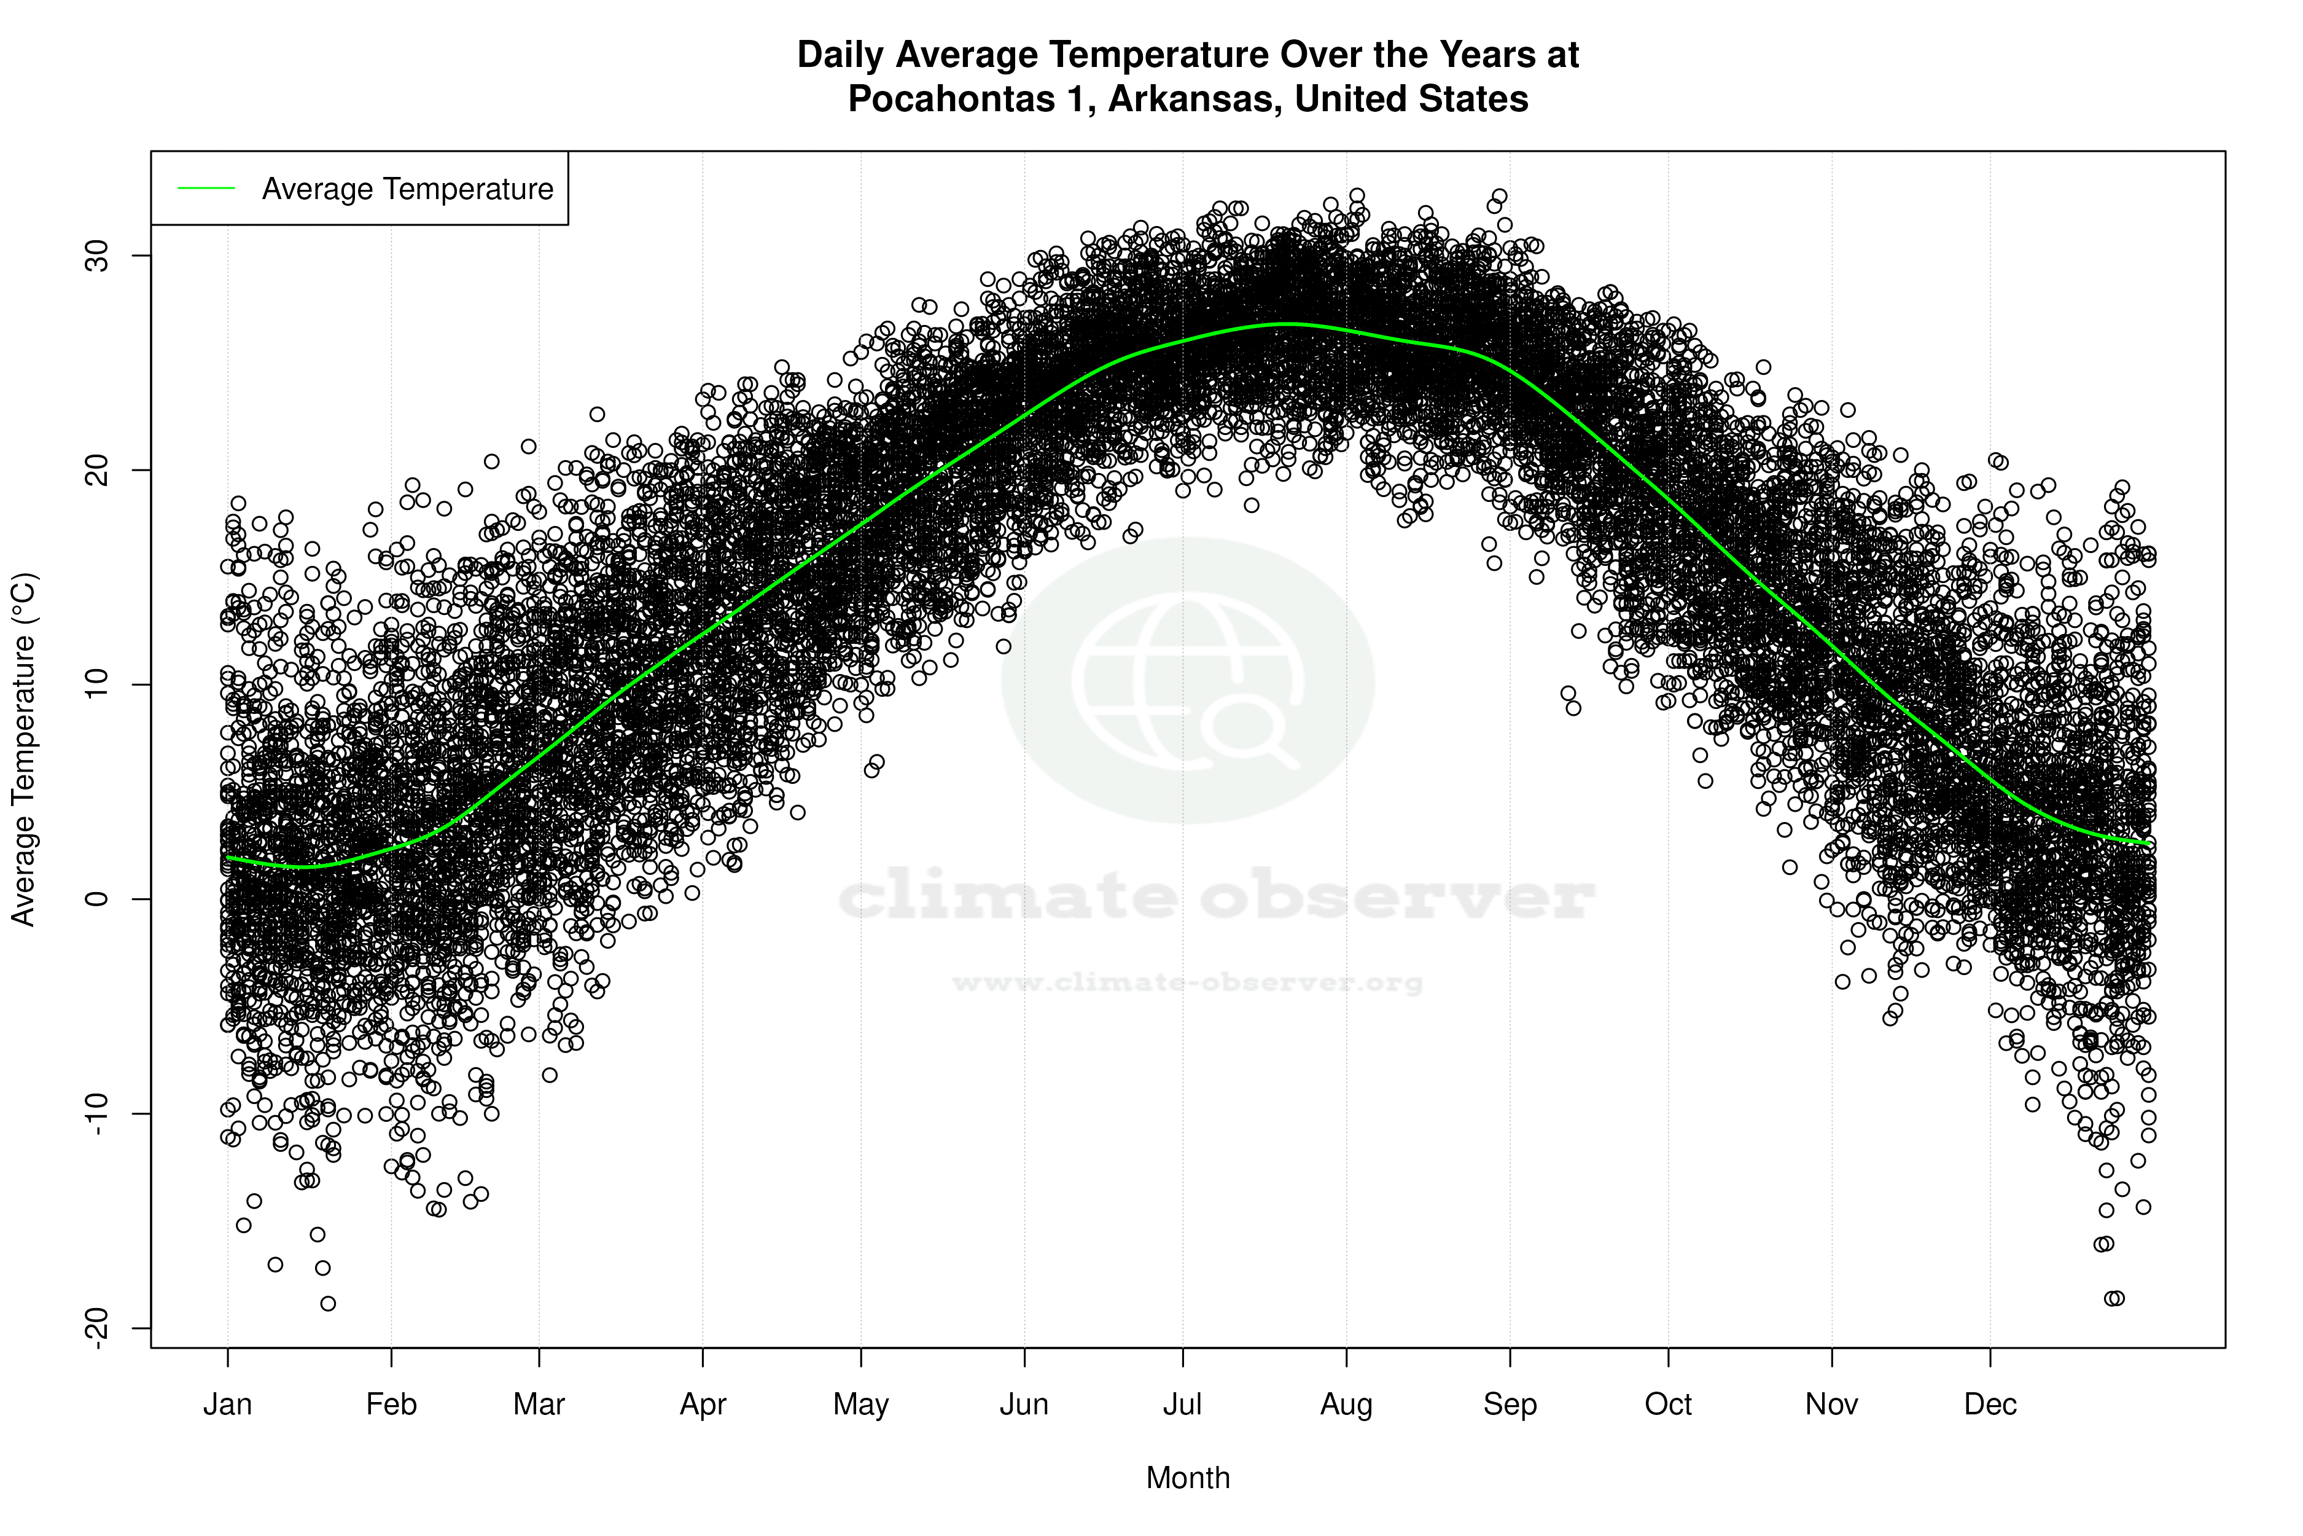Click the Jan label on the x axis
227,1405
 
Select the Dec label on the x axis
1990,1405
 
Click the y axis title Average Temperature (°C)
23,750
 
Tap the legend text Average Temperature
407,189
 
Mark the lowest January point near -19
328,1304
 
